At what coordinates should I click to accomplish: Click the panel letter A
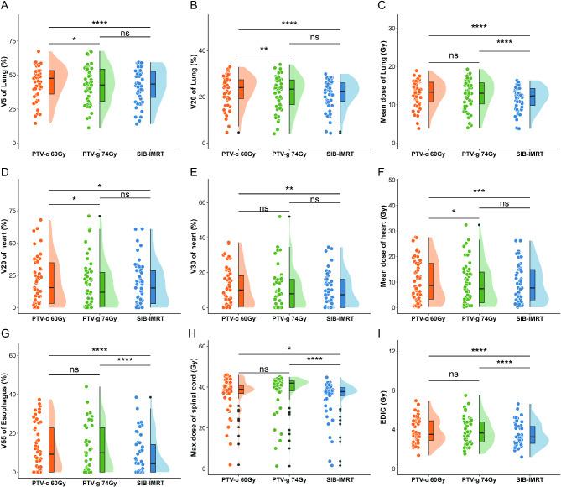[x=6, y=7]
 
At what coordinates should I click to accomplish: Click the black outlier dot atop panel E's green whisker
[x=290, y=217]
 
